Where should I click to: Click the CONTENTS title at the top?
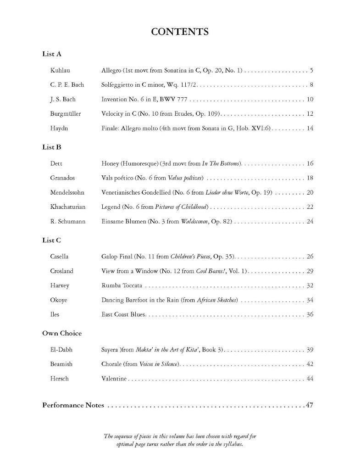180,32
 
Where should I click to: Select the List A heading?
52,54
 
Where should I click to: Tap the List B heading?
52,147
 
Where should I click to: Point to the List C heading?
52,241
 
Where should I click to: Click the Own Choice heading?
62,333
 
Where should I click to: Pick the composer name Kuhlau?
60,71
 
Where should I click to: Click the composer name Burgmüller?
65,114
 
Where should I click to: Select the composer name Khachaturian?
67,207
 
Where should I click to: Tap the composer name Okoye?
59,300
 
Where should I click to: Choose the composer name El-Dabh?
61,350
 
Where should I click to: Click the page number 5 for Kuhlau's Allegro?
311,71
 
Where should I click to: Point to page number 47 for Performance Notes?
309,405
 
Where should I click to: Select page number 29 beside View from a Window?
310,271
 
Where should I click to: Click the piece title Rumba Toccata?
122,285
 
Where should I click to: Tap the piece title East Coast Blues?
123,315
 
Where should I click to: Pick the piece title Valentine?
114,379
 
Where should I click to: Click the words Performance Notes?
73,405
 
